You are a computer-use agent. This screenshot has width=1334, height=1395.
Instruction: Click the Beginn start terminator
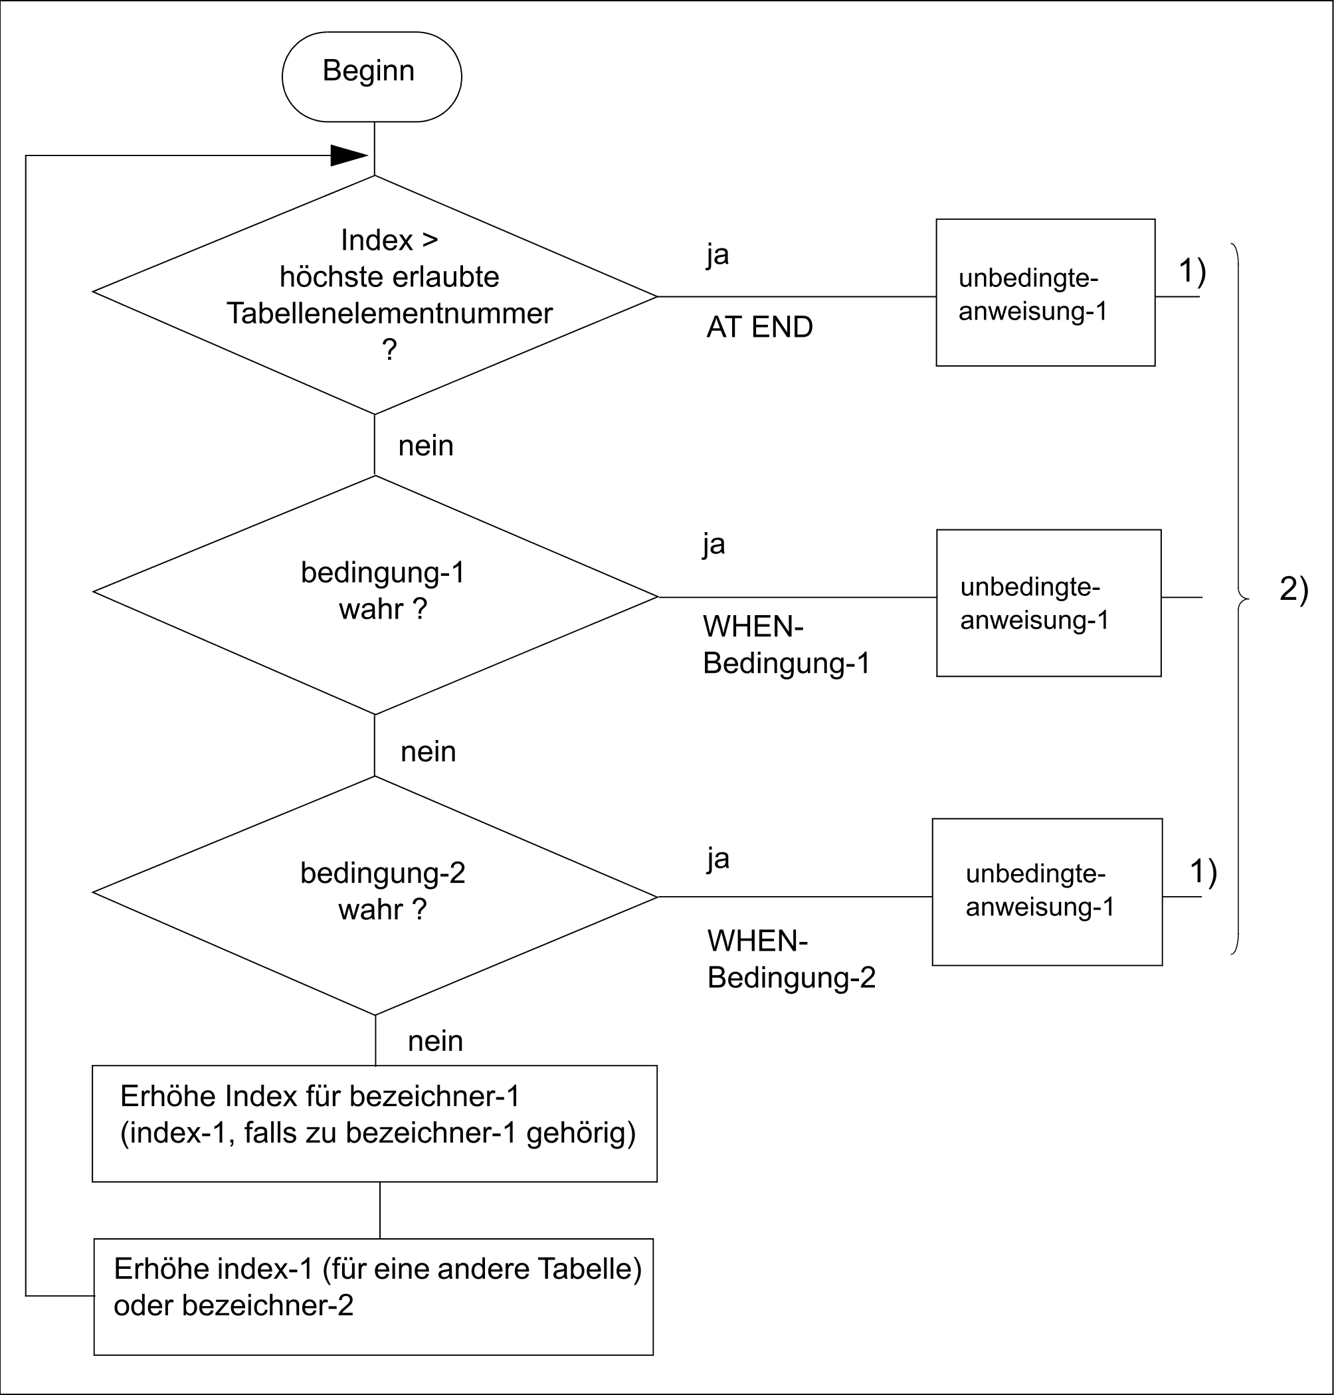(x=371, y=77)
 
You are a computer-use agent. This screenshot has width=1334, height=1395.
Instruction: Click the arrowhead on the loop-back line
(x=348, y=155)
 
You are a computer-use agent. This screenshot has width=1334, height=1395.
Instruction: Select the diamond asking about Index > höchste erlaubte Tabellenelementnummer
(x=375, y=294)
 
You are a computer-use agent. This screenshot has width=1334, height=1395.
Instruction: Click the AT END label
(x=759, y=327)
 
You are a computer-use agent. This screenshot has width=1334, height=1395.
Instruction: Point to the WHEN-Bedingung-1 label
(x=786, y=645)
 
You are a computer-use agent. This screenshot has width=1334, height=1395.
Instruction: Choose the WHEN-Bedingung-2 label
(x=791, y=959)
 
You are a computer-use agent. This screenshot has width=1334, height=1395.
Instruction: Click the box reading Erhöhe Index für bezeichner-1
(x=374, y=1123)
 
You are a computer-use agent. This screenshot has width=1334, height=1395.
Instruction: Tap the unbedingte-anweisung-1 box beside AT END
(x=1044, y=293)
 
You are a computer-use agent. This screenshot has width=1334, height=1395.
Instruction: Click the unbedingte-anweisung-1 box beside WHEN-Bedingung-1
(x=1048, y=603)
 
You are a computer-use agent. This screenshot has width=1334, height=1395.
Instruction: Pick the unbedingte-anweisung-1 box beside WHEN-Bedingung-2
(x=1047, y=891)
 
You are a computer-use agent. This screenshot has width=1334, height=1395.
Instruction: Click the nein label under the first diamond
(x=425, y=446)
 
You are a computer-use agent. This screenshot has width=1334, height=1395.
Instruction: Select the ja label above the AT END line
(x=717, y=254)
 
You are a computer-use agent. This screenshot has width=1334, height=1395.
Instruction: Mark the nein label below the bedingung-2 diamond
(x=435, y=1041)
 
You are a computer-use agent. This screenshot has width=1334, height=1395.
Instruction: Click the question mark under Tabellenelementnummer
(x=389, y=350)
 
